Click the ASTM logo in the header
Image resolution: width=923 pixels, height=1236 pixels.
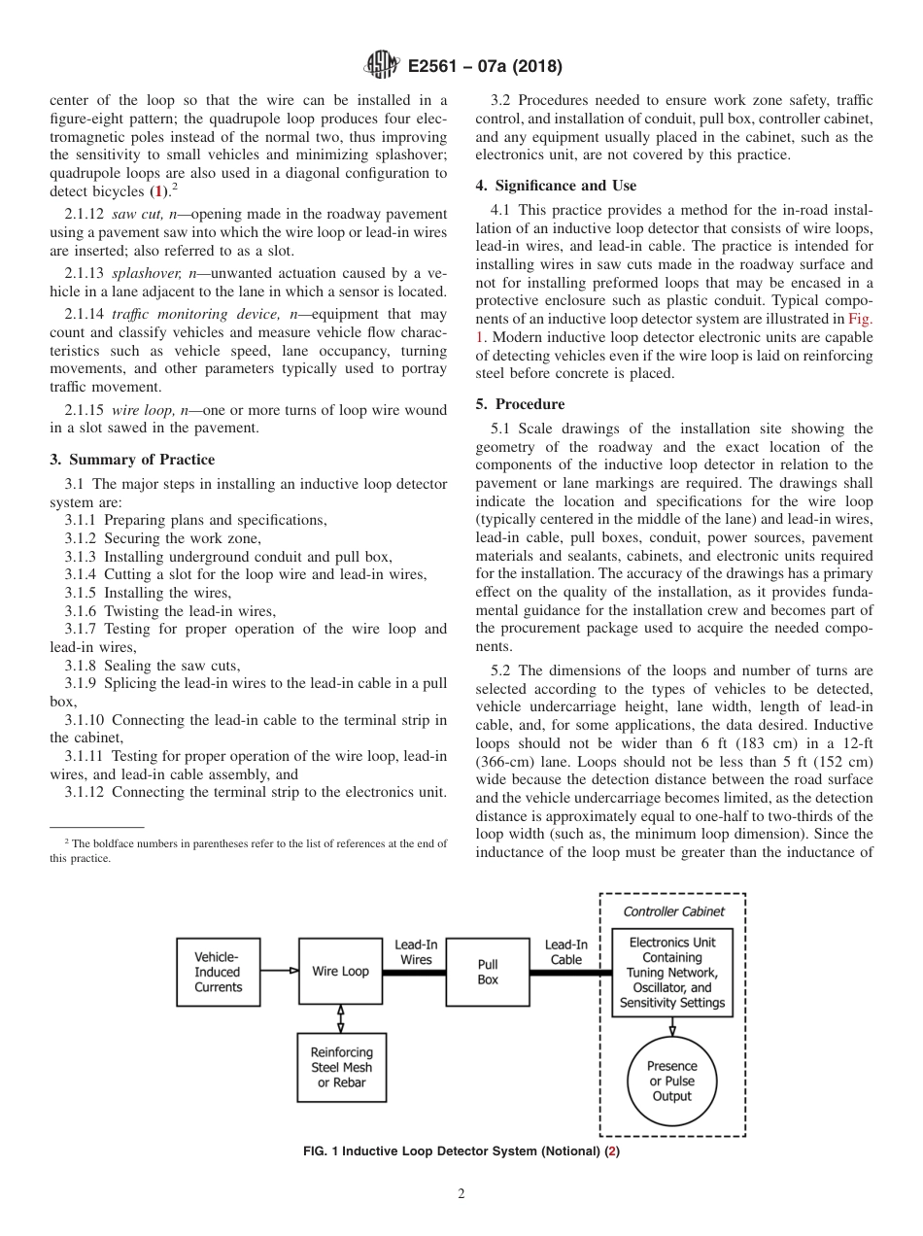click(382, 66)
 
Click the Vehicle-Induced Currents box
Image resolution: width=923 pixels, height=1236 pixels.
click(219, 971)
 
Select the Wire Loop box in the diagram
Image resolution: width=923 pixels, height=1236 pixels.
click(340, 971)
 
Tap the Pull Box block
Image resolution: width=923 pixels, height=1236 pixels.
click(488, 972)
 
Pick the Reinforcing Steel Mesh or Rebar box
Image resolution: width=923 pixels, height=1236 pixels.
click(340, 1067)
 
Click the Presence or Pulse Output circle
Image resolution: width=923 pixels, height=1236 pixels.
click(672, 1081)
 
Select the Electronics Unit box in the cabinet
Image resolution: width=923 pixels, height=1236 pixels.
click(672, 972)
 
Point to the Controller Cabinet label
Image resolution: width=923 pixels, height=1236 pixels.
click(673, 911)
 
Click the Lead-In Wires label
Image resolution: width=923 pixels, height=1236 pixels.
click(416, 952)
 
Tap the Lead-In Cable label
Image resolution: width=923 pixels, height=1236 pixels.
click(566, 952)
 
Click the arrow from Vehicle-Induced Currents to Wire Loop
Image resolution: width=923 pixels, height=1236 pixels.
click(280, 970)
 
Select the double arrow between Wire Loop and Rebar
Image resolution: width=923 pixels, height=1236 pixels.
click(340, 1018)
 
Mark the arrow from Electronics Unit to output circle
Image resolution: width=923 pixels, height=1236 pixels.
click(672, 1026)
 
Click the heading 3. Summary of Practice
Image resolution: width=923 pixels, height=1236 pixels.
click(132, 460)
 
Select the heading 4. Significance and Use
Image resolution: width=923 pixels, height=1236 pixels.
click(556, 186)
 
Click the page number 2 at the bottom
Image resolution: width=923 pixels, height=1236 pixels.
click(461, 1195)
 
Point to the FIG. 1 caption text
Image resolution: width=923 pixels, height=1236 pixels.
click(461, 1151)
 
